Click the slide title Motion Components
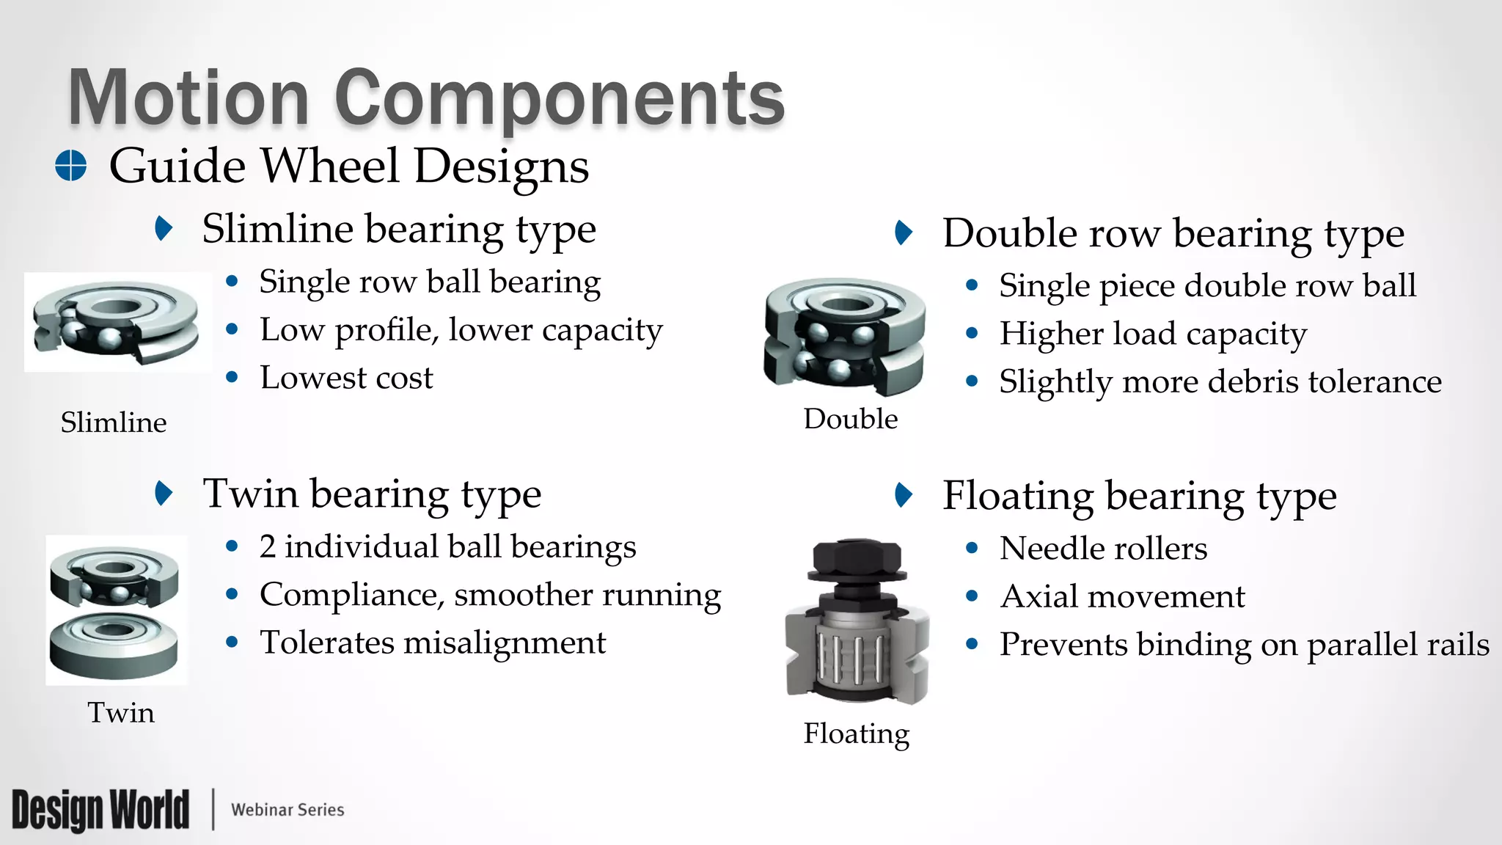tap(426, 98)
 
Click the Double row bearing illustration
tap(844, 334)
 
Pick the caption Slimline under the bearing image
tap(114, 422)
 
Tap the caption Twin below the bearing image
tap(121, 712)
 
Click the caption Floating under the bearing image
tap(856, 734)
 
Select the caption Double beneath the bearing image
tap(850, 419)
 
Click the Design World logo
tap(100, 810)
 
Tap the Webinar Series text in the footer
tap(287, 810)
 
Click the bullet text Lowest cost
tap(346, 378)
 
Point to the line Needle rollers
tap(1103, 548)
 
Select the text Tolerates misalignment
tap(433, 643)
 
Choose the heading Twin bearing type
tap(372, 494)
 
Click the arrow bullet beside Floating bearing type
tap(904, 495)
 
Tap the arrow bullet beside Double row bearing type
tap(904, 233)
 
